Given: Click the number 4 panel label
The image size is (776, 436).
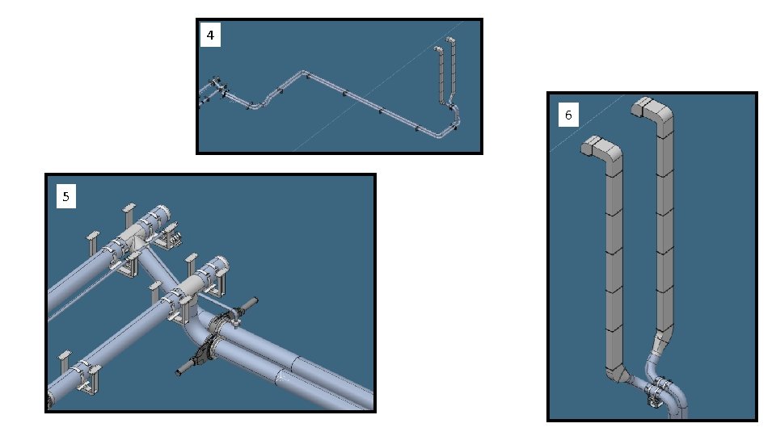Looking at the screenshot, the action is (x=210, y=36).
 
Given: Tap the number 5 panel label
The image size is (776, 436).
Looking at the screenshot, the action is (x=65, y=197).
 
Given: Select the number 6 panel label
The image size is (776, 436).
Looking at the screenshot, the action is (x=568, y=115).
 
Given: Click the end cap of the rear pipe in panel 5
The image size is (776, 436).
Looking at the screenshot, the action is (x=163, y=213).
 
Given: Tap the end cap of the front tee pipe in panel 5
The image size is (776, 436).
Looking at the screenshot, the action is (x=220, y=265).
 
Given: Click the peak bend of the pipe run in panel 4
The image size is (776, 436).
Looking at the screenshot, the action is (x=304, y=73).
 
